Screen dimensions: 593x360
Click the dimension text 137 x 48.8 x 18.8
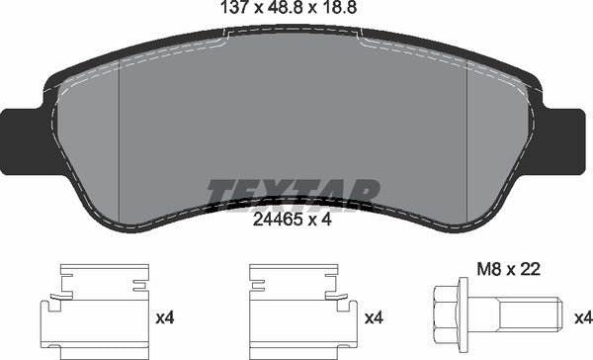point(289,7)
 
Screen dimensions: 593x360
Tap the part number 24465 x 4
point(292,220)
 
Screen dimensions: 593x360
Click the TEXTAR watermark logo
point(293,195)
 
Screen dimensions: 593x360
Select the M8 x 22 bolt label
point(509,270)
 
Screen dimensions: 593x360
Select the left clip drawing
point(95,312)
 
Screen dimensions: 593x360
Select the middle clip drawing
point(303,312)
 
